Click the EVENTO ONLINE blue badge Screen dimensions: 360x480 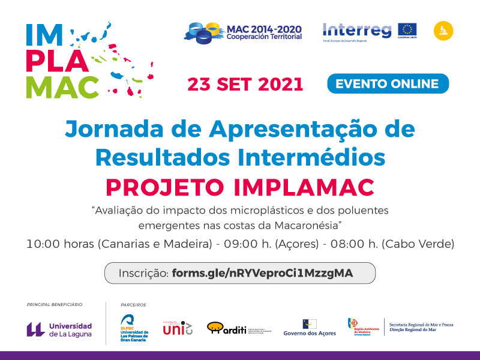click(x=388, y=83)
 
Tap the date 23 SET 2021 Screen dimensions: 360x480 click(x=245, y=84)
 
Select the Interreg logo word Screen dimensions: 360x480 click(x=356, y=29)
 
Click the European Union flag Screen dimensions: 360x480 click(x=407, y=29)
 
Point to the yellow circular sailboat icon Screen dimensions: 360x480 click(x=443, y=30)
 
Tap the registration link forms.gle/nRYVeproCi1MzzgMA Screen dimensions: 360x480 click(x=262, y=273)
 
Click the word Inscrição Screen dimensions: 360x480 click(x=143, y=273)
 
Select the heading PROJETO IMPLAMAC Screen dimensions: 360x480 click(x=240, y=187)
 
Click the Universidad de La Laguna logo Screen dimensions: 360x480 click(x=59, y=329)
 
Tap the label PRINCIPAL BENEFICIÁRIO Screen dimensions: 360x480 click(x=55, y=305)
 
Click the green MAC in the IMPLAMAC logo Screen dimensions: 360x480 click(x=62, y=87)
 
